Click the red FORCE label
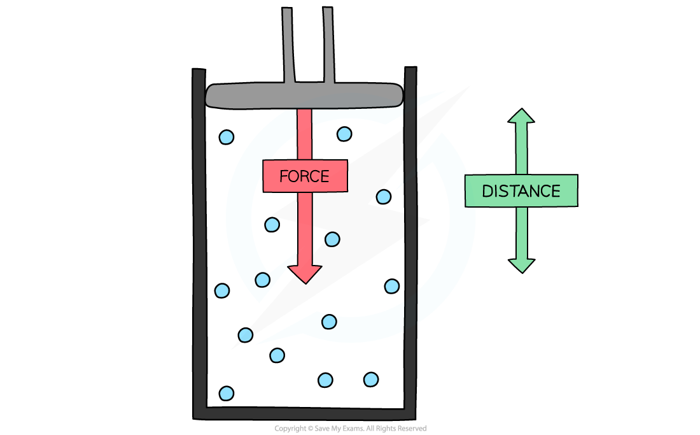tap(305, 176)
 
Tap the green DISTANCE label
tap(521, 190)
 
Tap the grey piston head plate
tap(305, 96)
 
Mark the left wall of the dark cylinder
tap(200, 242)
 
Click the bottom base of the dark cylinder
tap(304, 413)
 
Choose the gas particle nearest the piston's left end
tap(226, 137)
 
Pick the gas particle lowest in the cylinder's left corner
tap(226, 393)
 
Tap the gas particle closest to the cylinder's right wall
tap(392, 286)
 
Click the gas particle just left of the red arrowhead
tap(262, 280)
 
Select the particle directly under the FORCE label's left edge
tap(272, 224)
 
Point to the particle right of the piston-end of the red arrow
tap(344, 134)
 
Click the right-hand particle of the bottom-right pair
tap(371, 380)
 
